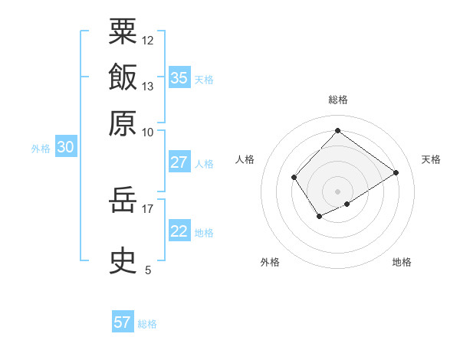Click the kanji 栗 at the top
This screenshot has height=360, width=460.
(x=123, y=31)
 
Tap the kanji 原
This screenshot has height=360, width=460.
(x=123, y=122)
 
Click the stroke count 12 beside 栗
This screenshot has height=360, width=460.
(x=148, y=40)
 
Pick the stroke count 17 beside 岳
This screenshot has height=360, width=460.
(x=148, y=208)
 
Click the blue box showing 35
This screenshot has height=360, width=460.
(x=179, y=78)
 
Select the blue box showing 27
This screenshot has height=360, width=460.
(x=179, y=162)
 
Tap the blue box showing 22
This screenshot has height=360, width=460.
(x=179, y=231)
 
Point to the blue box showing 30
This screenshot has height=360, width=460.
(x=65, y=148)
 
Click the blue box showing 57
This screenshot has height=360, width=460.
(x=123, y=322)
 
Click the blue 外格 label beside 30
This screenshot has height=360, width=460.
(x=41, y=149)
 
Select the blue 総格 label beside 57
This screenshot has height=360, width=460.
(x=147, y=324)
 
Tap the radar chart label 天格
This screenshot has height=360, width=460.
(x=431, y=159)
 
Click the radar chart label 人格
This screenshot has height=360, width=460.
(x=245, y=159)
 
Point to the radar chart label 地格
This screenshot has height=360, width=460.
(x=402, y=262)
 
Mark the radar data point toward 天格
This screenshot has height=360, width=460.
(x=396, y=172)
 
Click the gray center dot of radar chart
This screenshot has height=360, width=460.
(x=337, y=191)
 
